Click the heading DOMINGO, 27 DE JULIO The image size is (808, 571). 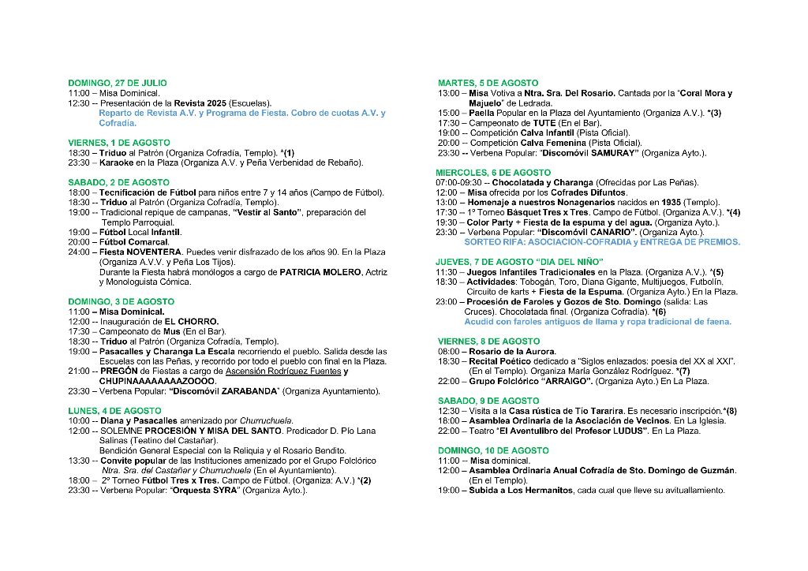click(118, 83)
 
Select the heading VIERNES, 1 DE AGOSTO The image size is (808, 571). click(119, 143)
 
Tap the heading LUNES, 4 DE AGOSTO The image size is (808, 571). click(115, 411)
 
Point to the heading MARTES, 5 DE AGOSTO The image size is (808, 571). click(488, 83)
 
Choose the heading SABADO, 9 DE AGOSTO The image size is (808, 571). click(488, 401)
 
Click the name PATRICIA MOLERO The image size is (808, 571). click(319, 272)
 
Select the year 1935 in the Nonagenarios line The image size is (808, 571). click(671, 203)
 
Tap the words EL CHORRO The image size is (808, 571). click(192, 322)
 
